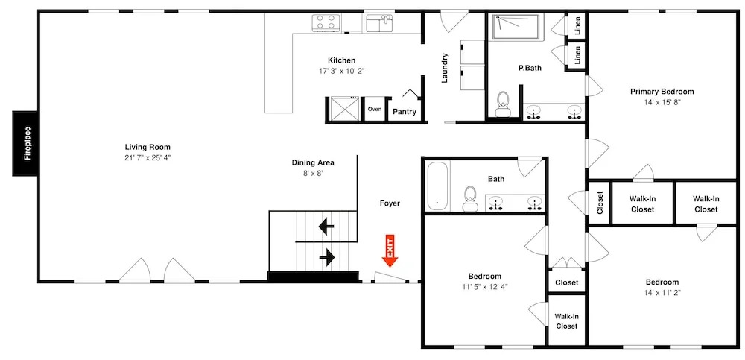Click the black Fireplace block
point(25,143)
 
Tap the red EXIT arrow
point(390,250)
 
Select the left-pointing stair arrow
point(326,227)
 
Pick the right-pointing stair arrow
point(327,258)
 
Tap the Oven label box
point(375,110)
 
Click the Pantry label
point(405,112)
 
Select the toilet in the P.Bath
point(502,104)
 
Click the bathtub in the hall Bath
point(438,186)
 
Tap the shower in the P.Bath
point(516,27)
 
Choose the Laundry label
point(445,68)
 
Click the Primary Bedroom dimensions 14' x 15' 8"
point(662,102)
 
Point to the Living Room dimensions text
point(148,157)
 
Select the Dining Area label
point(313,162)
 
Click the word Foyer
point(390,203)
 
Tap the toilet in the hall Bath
point(470,198)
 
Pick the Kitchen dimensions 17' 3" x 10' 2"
point(342,71)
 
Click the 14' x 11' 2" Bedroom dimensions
point(662,292)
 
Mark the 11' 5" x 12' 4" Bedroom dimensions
point(485,287)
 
